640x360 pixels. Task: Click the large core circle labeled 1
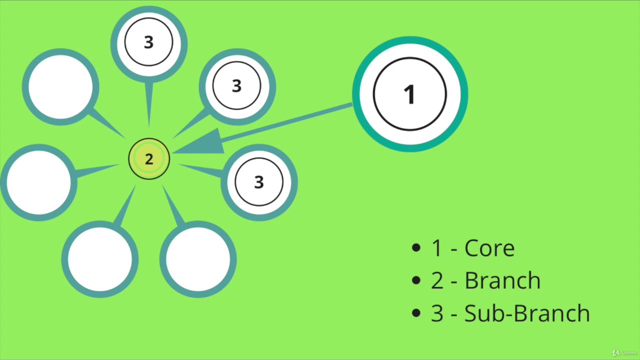pyautogui.click(x=410, y=94)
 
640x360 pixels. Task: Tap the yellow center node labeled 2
pyautogui.click(x=149, y=159)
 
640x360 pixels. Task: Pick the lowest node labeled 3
pyautogui.click(x=259, y=182)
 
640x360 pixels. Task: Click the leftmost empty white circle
pyautogui.click(x=38, y=182)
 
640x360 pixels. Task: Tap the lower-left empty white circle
pyautogui.click(x=99, y=259)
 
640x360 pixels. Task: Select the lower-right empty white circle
pyautogui.click(x=197, y=259)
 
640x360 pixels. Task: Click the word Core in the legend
pyautogui.click(x=489, y=248)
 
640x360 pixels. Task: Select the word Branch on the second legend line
pyautogui.click(x=502, y=280)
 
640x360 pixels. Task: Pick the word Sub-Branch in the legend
pyautogui.click(x=527, y=313)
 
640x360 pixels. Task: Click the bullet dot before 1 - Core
pyautogui.click(x=416, y=248)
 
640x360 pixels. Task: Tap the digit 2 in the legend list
pyautogui.click(x=437, y=281)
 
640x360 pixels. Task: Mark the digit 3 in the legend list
pyautogui.click(x=437, y=313)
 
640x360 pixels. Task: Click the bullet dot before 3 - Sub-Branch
pyautogui.click(x=416, y=313)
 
